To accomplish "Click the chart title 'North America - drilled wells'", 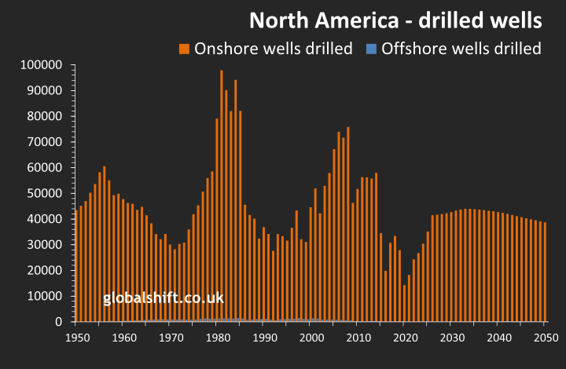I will click(395, 18).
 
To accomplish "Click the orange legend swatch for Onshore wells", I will click(184, 49).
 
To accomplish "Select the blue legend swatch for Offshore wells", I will click(371, 49).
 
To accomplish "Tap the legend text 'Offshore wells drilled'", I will click(461, 49).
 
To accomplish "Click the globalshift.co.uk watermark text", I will click(164, 298).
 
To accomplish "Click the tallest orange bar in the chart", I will click(222, 196).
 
